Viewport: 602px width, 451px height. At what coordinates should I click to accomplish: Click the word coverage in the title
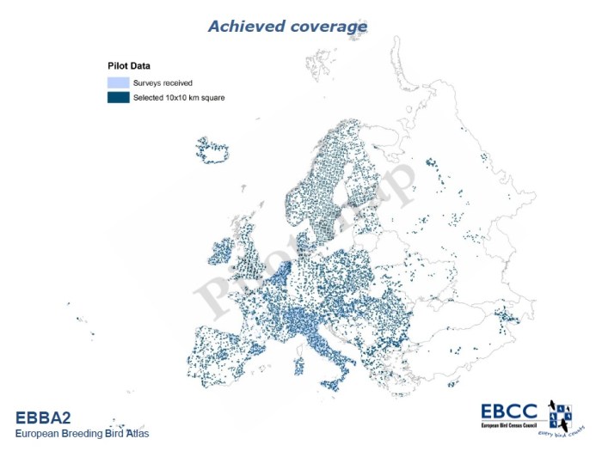coord(329,27)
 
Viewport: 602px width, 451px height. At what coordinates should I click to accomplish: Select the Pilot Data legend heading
coord(130,65)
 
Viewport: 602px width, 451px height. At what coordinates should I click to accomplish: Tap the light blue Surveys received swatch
coord(118,82)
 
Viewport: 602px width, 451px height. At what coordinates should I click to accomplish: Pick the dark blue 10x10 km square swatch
coord(118,97)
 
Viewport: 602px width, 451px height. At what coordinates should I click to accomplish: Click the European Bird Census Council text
coord(513,424)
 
